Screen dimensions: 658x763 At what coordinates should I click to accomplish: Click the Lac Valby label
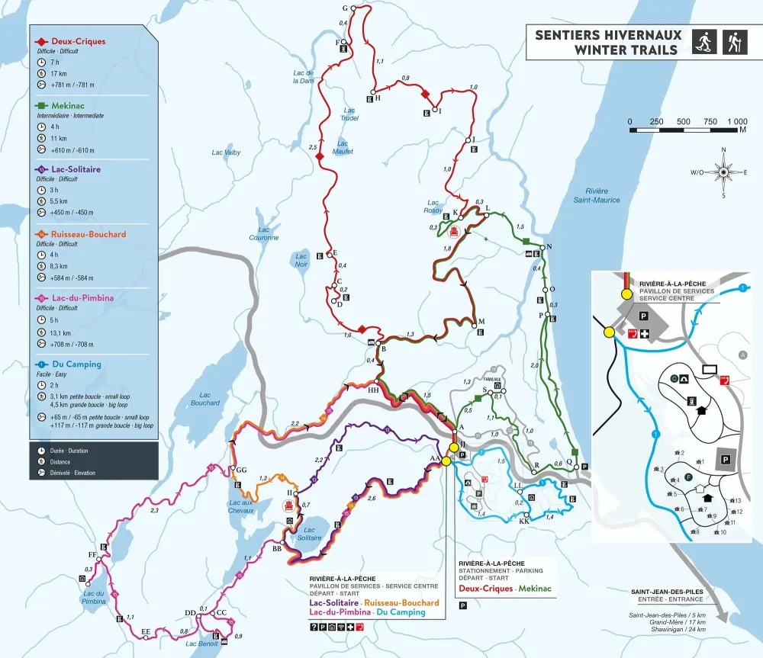pyautogui.click(x=226, y=152)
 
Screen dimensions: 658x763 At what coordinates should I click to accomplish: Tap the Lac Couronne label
pyautogui.click(x=264, y=233)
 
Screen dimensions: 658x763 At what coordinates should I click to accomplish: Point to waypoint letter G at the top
pyautogui.click(x=345, y=8)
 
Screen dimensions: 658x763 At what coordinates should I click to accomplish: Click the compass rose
pyautogui.click(x=723, y=172)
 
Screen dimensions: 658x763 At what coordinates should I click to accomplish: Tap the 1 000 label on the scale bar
pyautogui.click(x=736, y=122)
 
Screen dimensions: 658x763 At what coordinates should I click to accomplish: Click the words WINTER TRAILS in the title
pyautogui.click(x=626, y=50)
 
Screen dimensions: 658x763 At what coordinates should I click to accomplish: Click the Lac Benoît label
pyautogui.click(x=203, y=644)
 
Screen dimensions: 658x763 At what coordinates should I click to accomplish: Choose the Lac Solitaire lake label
pyautogui.click(x=309, y=534)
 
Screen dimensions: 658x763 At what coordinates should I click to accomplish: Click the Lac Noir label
pyautogui.click(x=301, y=260)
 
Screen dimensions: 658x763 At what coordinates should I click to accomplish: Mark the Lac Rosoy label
pyautogui.click(x=434, y=207)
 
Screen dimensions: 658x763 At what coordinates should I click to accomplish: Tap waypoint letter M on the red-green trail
pyautogui.click(x=481, y=321)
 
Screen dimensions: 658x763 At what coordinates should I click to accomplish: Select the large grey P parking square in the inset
pyautogui.click(x=725, y=458)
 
